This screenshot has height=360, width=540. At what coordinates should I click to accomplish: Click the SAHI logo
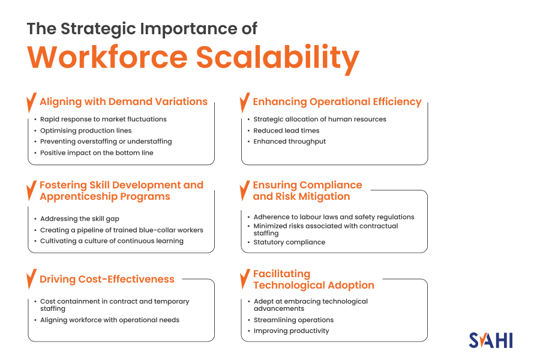[x=490, y=339]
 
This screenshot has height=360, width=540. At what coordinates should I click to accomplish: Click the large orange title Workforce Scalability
[x=193, y=58]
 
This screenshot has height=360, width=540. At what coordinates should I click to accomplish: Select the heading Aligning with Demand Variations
[x=124, y=102]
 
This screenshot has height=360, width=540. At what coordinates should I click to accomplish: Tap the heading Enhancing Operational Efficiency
[x=337, y=102]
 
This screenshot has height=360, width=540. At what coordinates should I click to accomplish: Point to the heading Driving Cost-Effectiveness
[x=107, y=279]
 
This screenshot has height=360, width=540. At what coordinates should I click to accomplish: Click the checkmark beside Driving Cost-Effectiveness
[x=31, y=280]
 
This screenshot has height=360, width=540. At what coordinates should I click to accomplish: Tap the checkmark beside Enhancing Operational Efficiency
[x=244, y=102]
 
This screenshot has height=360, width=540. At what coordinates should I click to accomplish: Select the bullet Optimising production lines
[x=86, y=130]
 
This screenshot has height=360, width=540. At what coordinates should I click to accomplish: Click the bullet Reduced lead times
[x=286, y=130]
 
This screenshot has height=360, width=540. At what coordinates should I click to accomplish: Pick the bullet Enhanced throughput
[x=289, y=142]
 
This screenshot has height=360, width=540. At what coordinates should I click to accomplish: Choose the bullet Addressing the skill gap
[x=80, y=219]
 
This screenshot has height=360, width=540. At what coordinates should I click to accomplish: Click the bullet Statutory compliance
[x=289, y=242]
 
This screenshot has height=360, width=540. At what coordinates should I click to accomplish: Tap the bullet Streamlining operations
[x=293, y=320]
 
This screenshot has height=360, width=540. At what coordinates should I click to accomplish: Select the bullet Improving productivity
[x=291, y=331]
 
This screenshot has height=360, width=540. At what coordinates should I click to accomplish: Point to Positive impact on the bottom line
[x=97, y=153]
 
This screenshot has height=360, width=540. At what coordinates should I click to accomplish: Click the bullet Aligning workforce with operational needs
[x=110, y=320]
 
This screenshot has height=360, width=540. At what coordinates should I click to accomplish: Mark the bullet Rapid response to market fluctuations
[x=103, y=119]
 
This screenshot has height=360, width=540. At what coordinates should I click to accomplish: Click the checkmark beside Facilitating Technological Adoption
[x=244, y=279]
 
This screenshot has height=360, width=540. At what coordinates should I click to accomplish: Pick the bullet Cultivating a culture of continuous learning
[x=112, y=241]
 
